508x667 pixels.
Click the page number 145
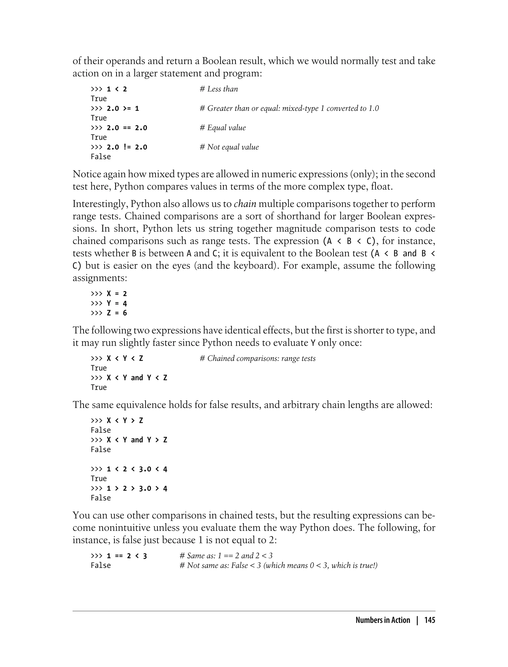[429, 620]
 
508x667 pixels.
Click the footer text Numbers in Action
[382, 620]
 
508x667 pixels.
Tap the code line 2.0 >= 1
[123, 108]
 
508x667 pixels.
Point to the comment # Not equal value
[229, 147]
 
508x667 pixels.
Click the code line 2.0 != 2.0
[127, 147]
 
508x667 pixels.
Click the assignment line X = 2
[117, 293]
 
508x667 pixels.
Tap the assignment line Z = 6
[117, 313]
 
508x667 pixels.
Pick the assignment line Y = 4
[117, 303]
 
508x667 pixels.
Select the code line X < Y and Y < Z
[137, 377]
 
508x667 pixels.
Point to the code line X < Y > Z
[125, 420]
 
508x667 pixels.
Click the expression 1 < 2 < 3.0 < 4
[137, 469]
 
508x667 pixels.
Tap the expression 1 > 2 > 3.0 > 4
[137, 489]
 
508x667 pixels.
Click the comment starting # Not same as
[278, 565]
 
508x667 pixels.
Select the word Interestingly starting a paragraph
[100, 204]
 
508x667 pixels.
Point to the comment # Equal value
[223, 128]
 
